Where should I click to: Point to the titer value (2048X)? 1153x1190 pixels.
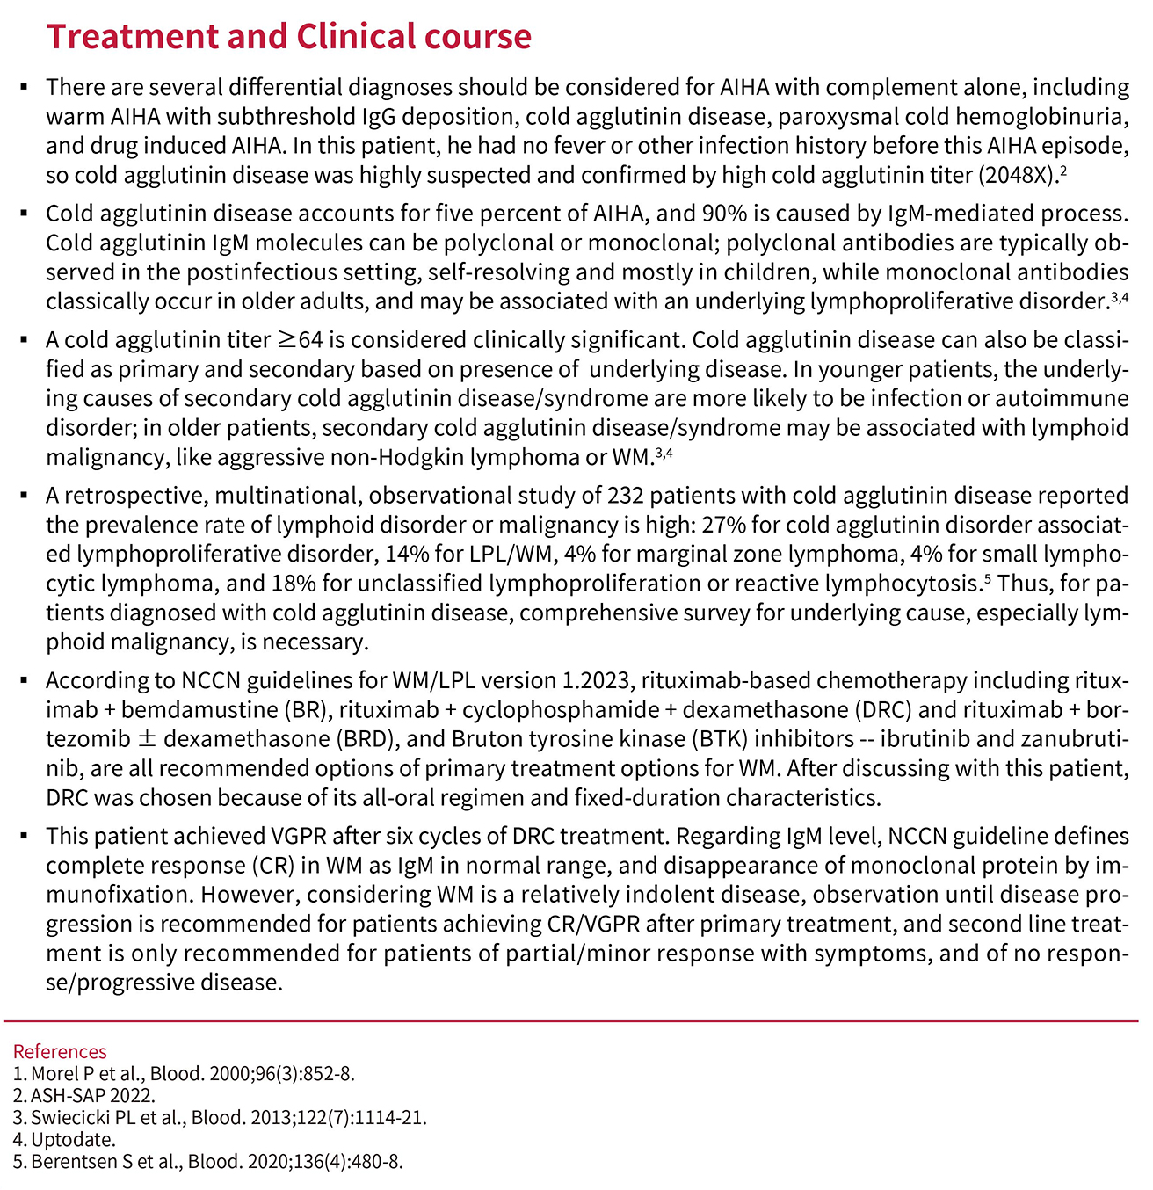(x=1016, y=175)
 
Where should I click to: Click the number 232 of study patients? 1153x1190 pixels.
(x=625, y=496)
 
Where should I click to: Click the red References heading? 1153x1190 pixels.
(x=60, y=1051)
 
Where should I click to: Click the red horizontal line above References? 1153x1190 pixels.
(x=571, y=1021)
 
